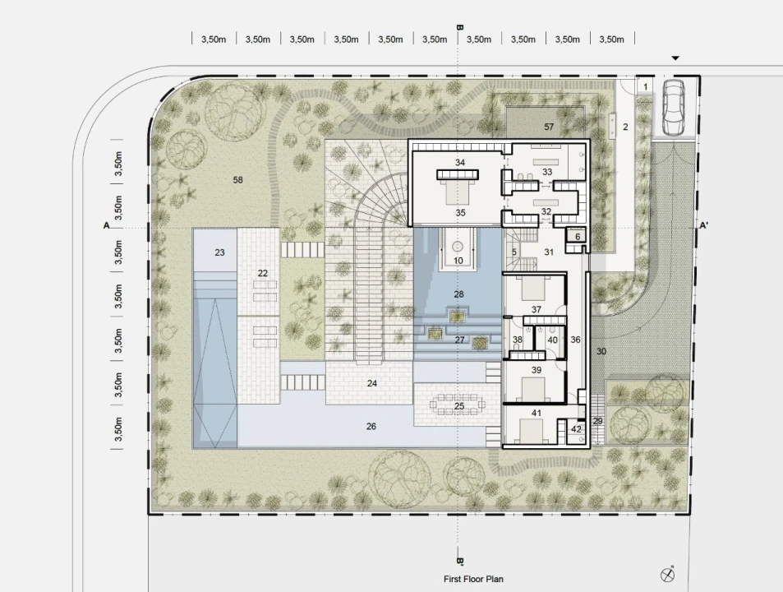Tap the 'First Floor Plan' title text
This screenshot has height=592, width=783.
(x=473, y=579)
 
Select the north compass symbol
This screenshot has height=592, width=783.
(x=667, y=575)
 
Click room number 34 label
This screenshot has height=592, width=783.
(x=460, y=162)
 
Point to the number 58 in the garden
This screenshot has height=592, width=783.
(x=237, y=180)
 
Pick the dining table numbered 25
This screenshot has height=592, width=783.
(x=459, y=405)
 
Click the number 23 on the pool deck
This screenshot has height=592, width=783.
(x=219, y=252)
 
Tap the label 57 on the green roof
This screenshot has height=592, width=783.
(x=549, y=127)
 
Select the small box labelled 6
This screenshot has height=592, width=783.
(x=578, y=236)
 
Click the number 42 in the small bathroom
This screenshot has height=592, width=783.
(x=576, y=429)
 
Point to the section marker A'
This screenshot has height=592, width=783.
(x=703, y=226)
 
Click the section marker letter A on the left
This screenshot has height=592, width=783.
(x=106, y=226)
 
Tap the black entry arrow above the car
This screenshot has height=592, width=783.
(x=675, y=58)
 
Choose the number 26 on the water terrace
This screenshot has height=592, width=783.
(x=371, y=426)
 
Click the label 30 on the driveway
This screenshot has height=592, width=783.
(x=601, y=352)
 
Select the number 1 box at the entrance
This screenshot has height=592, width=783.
(x=645, y=86)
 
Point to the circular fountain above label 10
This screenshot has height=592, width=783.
(x=458, y=247)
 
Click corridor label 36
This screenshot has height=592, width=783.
(x=575, y=340)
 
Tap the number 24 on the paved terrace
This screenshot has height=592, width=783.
(x=371, y=383)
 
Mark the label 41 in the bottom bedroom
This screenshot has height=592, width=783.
(x=537, y=413)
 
